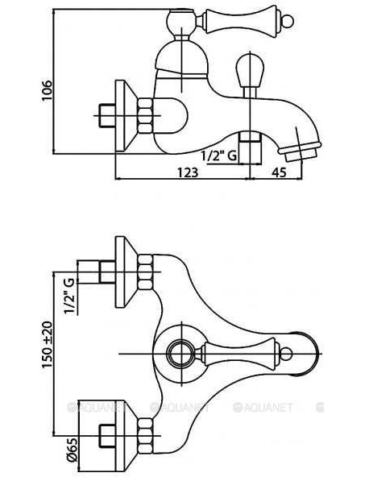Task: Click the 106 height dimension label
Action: (47, 91)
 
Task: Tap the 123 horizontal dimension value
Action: (188, 172)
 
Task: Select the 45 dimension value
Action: (279, 172)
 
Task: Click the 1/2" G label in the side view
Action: (218, 156)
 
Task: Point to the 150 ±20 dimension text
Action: (48, 344)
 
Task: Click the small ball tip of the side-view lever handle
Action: (288, 21)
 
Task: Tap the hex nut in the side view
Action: (145, 115)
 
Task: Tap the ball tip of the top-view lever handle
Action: (286, 354)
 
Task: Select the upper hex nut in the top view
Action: (145, 272)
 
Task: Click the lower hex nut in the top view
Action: (145, 436)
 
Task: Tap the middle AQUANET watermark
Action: (180, 408)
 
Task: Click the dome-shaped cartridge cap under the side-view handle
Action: (182, 59)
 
